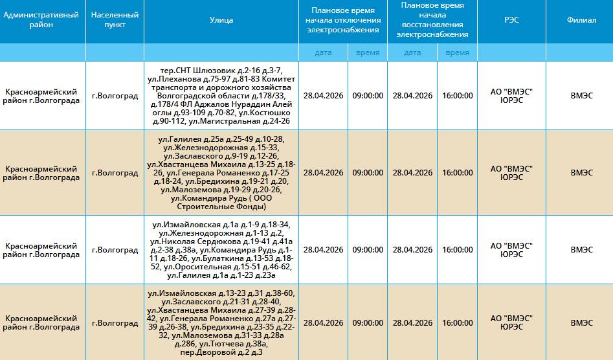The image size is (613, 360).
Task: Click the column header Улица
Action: pyautogui.click(x=221, y=20)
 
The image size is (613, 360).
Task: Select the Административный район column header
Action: pyautogui.click(x=41, y=20)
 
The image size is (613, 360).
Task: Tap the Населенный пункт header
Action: pyautogui.click(x=115, y=20)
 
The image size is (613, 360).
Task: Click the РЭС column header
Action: pyautogui.click(x=511, y=20)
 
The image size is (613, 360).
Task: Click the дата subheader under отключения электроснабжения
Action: pyautogui.click(x=323, y=53)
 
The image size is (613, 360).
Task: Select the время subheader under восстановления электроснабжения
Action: pyautogui.click(x=457, y=53)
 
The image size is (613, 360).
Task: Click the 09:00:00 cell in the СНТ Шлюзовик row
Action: pyautogui.click(x=368, y=96)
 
